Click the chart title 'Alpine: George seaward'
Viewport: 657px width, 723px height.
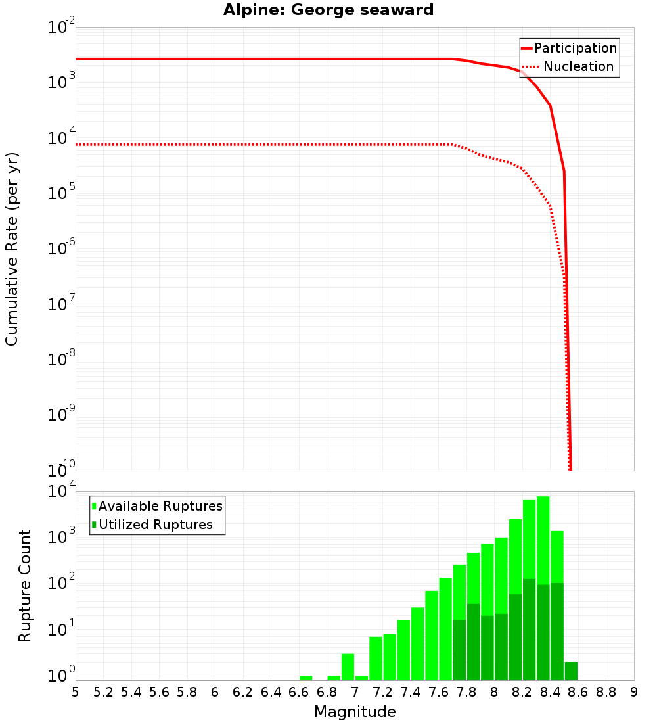[328, 11]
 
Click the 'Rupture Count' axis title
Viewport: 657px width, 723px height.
[25, 586]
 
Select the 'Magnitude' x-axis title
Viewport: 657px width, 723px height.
[355, 712]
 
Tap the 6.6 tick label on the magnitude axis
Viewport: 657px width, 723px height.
[299, 692]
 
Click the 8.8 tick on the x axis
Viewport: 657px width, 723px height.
[606, 692]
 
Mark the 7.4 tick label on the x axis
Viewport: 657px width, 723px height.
[411, 692]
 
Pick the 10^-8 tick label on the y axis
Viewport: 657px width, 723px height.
[62, 360]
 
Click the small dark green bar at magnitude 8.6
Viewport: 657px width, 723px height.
[571, 671]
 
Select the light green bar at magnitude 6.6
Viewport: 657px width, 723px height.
[306, 678]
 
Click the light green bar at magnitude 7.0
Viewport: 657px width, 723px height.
[361, 678]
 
